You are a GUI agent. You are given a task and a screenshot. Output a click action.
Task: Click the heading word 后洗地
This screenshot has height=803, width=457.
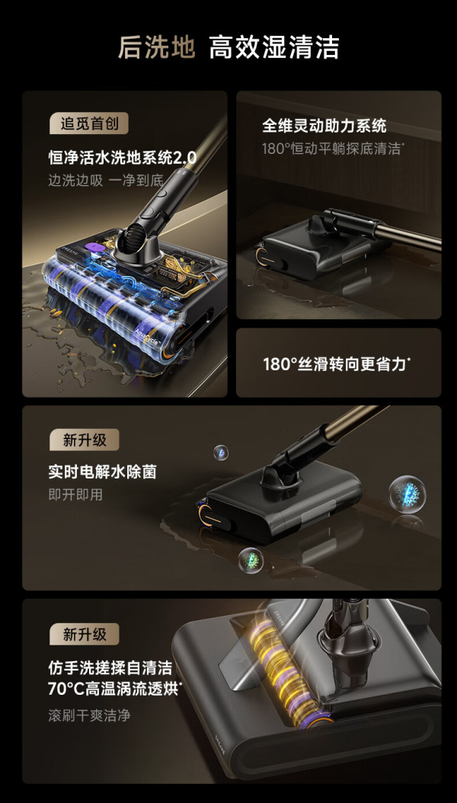pos(156,48)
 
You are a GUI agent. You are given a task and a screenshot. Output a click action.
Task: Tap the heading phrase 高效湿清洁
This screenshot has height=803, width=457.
pos(273,48)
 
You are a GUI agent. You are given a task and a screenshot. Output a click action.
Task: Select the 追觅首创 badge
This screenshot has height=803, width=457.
pos(88,124)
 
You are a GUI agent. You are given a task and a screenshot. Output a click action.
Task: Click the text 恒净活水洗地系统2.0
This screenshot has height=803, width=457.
pos(123,157)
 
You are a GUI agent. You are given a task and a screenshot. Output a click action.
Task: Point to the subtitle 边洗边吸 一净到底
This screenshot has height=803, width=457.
pos(105,181)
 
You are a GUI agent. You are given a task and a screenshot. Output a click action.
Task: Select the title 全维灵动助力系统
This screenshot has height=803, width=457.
pos(324,126)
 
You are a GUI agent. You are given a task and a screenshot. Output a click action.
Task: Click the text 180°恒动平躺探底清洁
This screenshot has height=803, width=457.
pos(333,149)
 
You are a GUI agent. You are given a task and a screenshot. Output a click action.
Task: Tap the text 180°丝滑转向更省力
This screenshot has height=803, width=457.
pos(337,364)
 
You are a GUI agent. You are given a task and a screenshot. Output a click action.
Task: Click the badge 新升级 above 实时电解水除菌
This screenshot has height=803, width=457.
pos(84,440)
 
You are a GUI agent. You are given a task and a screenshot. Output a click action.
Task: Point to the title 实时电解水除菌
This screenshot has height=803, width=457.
pos(102,472)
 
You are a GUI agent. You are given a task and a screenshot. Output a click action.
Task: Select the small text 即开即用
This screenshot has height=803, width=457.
pos(75,494)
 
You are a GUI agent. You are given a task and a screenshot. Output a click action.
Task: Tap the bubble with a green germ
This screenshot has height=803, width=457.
pos(251,560)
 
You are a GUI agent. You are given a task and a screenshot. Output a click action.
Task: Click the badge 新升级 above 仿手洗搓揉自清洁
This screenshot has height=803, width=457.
pos(84,635)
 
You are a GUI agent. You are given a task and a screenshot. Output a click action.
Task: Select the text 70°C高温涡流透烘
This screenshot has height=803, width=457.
pos(115,689)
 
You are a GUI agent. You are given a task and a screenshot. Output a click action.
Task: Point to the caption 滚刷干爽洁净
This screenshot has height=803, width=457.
pos(89,715)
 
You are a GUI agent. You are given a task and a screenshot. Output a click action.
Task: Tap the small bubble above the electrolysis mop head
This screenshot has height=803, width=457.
pos(221,453)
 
